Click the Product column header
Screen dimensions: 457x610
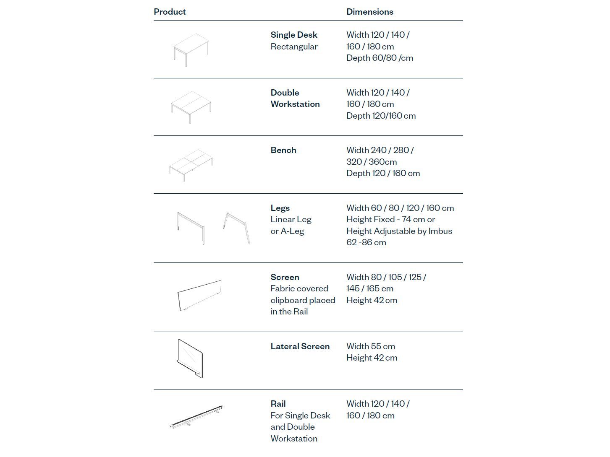click(x=170, y=12)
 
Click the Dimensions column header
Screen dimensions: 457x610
click(x=369, y=12)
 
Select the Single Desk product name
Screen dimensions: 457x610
click(x=294, y=35)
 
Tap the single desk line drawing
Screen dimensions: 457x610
click(x=191, y=49)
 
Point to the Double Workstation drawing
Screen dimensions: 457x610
click(x=191, y=106)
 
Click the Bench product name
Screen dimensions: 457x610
click(x=283, y=150)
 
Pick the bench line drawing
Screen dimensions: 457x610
click(x=191, y=165)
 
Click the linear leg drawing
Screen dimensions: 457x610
click(x=191, y=227)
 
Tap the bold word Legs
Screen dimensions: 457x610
click(x=280, y=208)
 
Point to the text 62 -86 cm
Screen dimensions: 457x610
click(x=366, y=242)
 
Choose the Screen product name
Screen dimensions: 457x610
click(x=285, y=277)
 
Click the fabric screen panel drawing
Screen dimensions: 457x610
click(x=199, y=295)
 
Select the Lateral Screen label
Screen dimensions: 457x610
click(x=300, y=346)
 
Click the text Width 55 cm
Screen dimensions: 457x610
click(x=370, y=346)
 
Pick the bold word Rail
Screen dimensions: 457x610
click(x=278, y=404)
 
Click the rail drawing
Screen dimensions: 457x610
click(x=196, y=417)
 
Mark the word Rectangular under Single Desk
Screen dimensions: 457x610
click(x=294, y=47)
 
